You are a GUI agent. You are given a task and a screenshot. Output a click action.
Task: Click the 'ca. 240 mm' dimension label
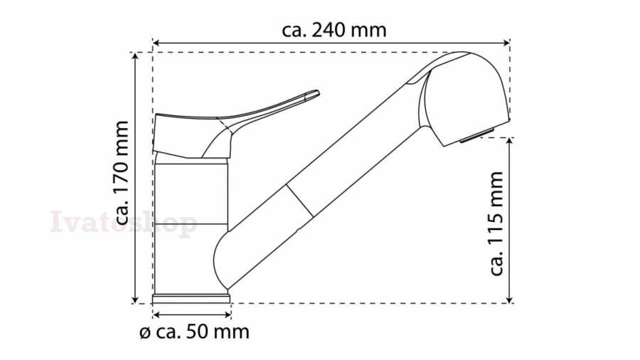[334, 31]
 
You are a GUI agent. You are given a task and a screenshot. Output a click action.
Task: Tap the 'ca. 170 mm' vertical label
[122, 173]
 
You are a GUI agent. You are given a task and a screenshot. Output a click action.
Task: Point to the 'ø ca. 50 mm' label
[194, 332]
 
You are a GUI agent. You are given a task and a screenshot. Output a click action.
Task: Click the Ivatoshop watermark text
[124, 223]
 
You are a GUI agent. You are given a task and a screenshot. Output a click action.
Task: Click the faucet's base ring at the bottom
[191, 298]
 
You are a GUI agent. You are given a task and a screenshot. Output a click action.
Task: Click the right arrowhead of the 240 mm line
[507, 43]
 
